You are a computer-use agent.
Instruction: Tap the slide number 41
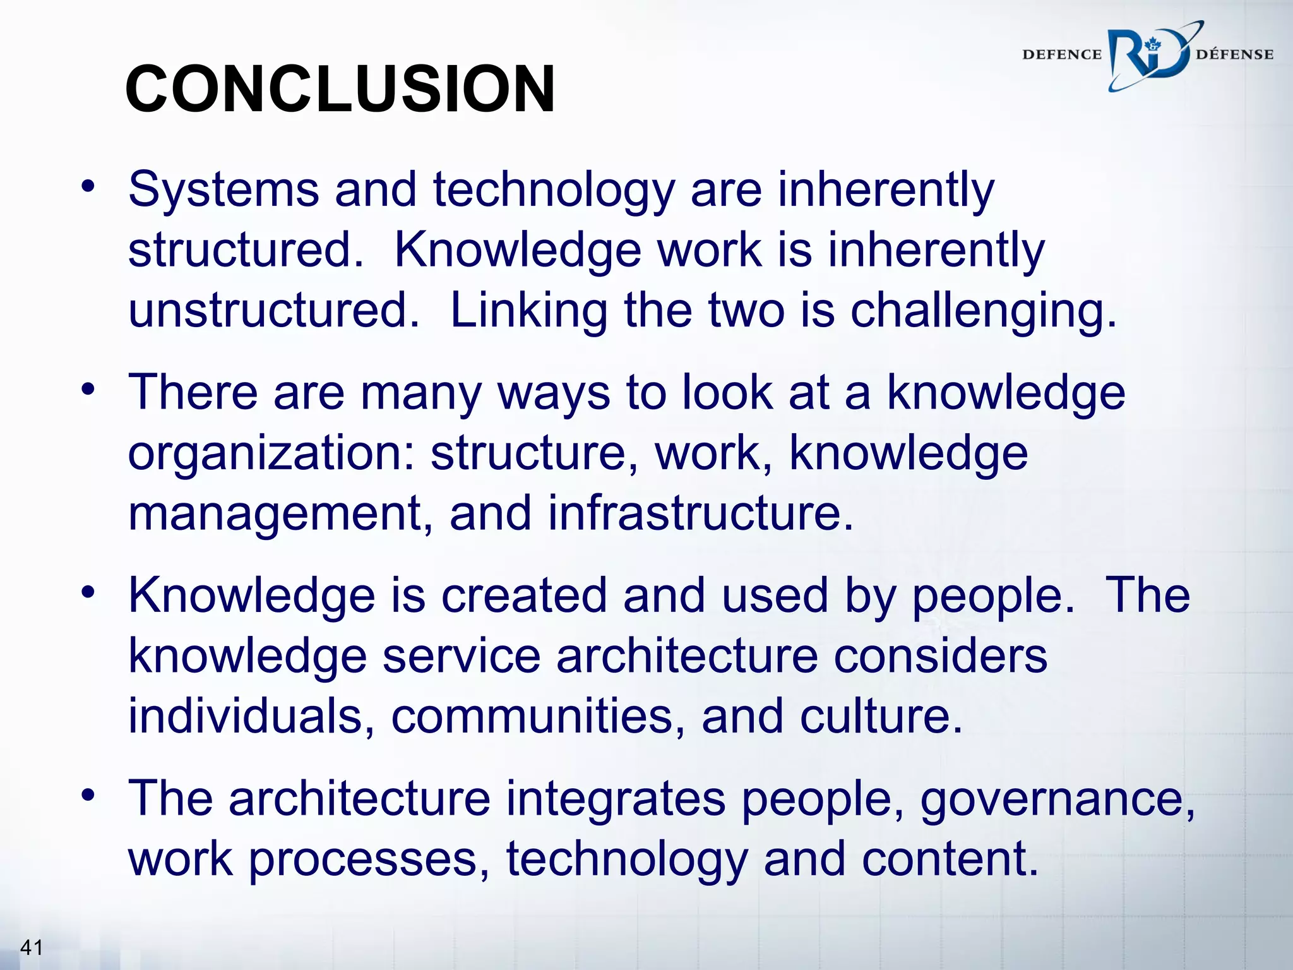(32, 947)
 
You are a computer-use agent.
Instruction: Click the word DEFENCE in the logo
(1061, 55)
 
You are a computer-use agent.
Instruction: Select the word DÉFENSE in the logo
(1234, 55)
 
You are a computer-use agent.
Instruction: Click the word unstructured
(273, 311)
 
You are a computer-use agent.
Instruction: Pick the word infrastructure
(700, 513)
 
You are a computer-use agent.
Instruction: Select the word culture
(881, 717)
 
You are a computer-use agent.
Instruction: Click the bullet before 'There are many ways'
(88, 388)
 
